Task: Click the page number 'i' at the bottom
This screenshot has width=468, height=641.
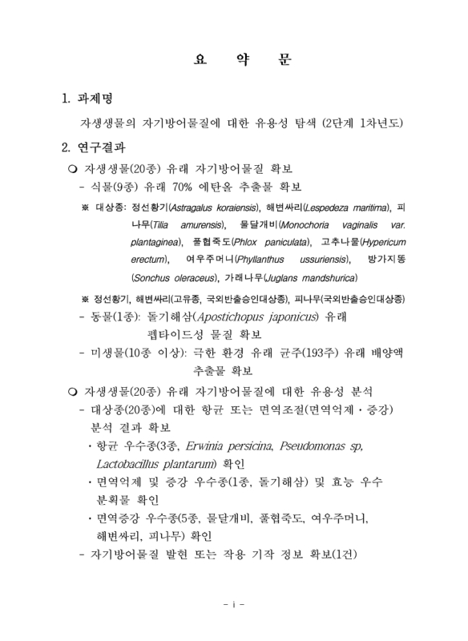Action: click(x=234, y=602)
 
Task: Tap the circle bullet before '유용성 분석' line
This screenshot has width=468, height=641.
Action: click(x=74, y=392)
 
